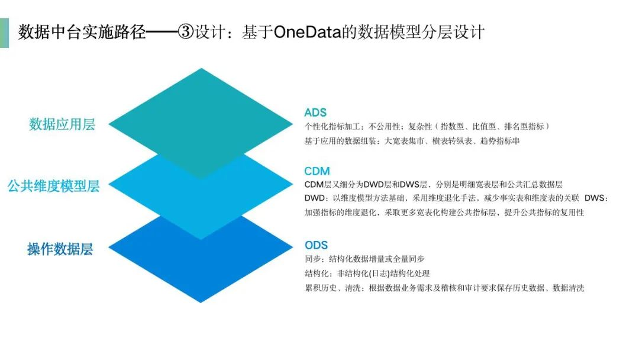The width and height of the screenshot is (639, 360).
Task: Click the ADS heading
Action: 315,112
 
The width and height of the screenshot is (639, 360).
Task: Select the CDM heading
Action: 317,171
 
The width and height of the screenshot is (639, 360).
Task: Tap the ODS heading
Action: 316,245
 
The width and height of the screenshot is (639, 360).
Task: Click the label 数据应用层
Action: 62,124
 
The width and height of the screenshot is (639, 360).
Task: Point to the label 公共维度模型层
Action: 53,186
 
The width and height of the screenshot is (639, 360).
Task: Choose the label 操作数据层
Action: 60,249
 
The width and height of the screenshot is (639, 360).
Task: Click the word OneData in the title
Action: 307,32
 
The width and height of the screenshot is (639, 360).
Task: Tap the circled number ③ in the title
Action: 185,32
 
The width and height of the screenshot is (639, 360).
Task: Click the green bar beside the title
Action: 5,33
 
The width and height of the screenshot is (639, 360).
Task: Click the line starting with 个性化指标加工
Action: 427,126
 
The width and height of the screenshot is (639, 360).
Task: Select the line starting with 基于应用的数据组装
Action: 412,141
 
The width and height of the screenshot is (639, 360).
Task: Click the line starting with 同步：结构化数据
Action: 364,259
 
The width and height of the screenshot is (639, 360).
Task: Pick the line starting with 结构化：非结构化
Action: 367,274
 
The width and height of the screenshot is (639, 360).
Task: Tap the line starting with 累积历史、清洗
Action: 444,288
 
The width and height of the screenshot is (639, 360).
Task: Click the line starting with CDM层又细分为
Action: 433,185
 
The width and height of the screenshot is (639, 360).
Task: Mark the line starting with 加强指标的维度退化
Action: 444,213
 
